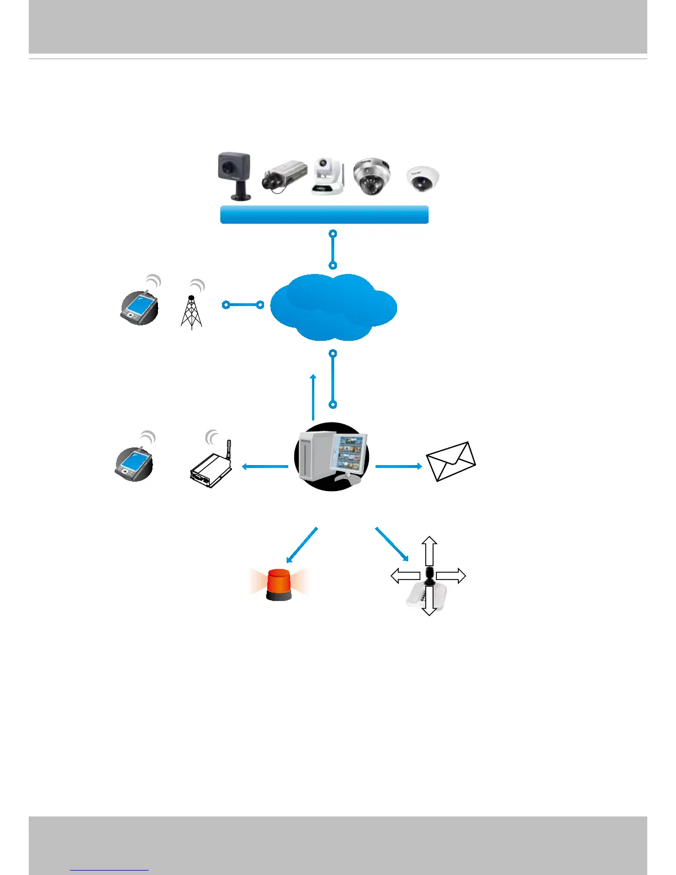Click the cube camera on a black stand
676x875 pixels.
point(234,176)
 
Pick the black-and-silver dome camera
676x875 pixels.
point(371,177)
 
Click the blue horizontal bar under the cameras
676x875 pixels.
point(324,214)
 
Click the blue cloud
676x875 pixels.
point(333,307)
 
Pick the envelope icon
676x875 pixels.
point(451,461)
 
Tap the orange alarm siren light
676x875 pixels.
point(279,584)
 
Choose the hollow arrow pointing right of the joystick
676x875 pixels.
point(452,576)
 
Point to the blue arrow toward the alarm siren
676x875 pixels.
point(302,545)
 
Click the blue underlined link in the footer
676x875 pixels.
point(109,868)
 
